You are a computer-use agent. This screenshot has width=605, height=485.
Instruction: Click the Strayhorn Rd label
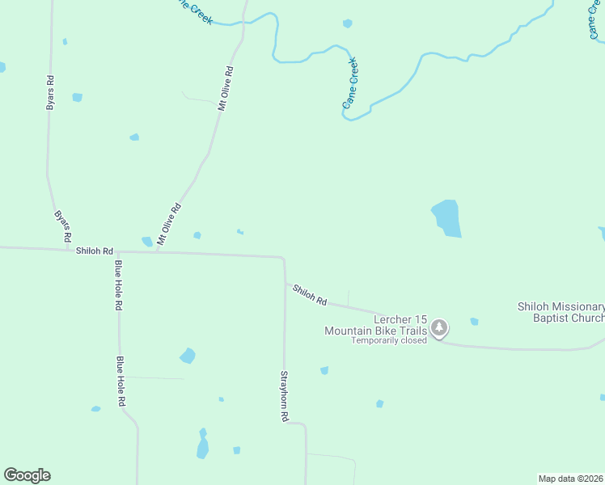[285, 397]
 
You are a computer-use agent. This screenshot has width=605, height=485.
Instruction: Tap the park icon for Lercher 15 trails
[439, 327]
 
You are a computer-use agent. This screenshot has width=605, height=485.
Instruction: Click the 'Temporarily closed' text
[389, 340]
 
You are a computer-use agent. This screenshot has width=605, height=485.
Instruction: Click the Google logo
[27, 475]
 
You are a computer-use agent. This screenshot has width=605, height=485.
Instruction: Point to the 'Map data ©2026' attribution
[570, 478]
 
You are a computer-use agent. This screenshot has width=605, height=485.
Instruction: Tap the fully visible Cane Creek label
[349, 83]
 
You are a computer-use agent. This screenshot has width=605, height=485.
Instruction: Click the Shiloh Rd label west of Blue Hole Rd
[94, 251]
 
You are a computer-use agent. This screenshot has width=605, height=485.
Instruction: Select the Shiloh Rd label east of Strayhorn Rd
[310, 295]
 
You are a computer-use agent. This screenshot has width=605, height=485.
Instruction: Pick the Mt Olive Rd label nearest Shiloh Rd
[168, 224]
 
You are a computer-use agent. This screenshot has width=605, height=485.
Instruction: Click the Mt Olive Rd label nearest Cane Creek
[225, 88]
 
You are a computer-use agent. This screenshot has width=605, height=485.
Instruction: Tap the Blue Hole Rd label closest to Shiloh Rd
[118, 285]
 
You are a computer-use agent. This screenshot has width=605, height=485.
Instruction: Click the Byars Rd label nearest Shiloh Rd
[62, 229]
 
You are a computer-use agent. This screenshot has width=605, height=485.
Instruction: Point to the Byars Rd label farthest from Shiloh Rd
[50, 93]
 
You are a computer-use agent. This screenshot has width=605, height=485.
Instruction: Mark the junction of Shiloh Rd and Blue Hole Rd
[118, 252]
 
